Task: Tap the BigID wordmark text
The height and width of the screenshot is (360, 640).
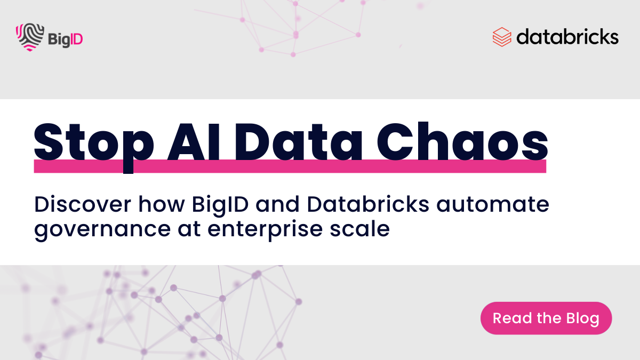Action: tap(65, 39)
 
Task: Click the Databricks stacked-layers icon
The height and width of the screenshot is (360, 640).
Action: tap(502, 37)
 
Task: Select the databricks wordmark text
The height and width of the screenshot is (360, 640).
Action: tap(567, 37)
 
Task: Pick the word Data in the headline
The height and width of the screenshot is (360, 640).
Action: tap(303, 140)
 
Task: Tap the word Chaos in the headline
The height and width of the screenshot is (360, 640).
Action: tap(461, 140)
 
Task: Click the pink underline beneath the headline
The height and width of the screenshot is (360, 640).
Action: tap(290, 166)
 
